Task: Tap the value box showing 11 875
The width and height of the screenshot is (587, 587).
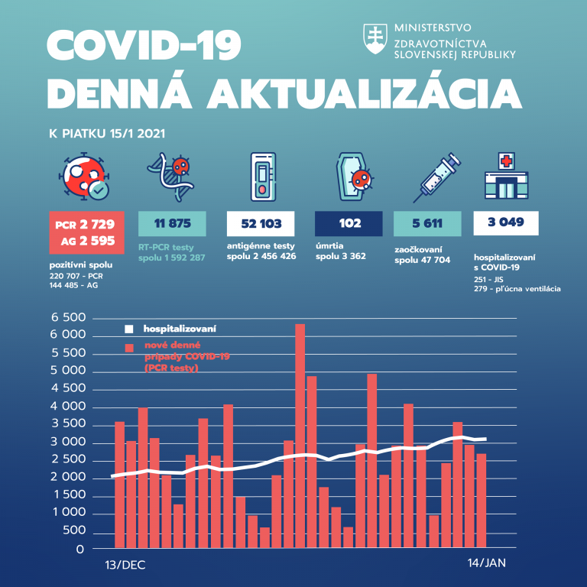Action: click(x=172, y=224)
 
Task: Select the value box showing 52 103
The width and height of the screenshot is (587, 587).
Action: click(x=261, y=224)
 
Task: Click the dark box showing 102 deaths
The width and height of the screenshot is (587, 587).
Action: click(x=349, y=224)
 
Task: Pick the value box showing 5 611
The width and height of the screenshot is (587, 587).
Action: click(x=426, y=224)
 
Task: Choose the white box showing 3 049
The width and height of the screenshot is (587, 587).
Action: click(x=506, y=223)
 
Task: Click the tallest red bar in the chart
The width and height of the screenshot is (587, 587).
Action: click(x=300, y=436)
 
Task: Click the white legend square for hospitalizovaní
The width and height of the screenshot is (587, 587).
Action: click(x=129, y=329)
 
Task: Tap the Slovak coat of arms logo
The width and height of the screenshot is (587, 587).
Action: click(x=375, y=38)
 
